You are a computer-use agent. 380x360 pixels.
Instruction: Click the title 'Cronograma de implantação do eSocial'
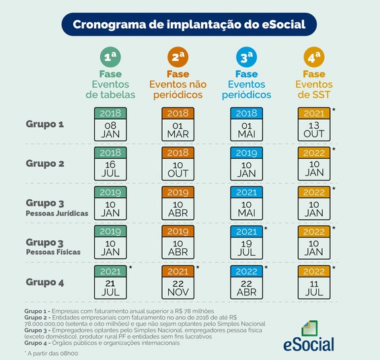[190, 24]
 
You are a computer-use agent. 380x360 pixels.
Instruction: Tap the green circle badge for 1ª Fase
[110, 56]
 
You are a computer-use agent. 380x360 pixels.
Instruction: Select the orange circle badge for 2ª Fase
[178, 56]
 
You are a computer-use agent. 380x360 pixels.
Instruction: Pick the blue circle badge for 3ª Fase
[246, 56]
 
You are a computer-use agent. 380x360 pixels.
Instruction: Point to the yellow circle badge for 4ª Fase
[313, 56]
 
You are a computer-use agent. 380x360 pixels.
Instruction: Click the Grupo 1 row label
[44, 124]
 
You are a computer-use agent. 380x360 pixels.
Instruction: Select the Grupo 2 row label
[44, 163]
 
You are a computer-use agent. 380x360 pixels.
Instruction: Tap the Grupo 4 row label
[44, 282]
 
